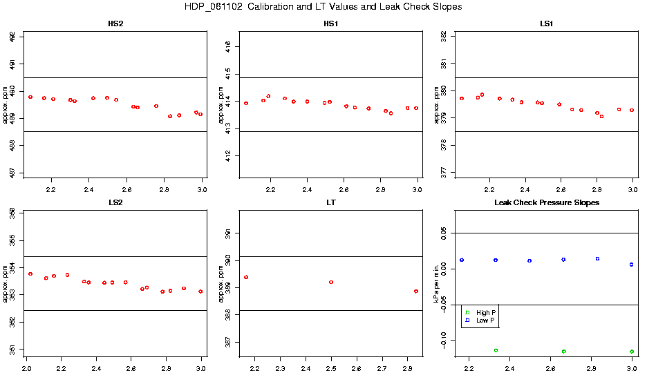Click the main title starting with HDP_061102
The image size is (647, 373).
coord(323,7)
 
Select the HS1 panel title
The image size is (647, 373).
coord(331,24)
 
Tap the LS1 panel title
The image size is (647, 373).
coord(546,24)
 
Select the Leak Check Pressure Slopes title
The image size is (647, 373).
coord(546,203)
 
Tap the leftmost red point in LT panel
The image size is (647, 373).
coord(246,277)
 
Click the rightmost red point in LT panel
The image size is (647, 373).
coord(416,291)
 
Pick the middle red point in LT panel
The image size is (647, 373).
coord(331,282)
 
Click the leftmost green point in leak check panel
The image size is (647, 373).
coord(496,350)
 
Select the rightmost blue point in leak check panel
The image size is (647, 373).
coord(632,265)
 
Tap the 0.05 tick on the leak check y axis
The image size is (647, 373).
coord(447,233)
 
